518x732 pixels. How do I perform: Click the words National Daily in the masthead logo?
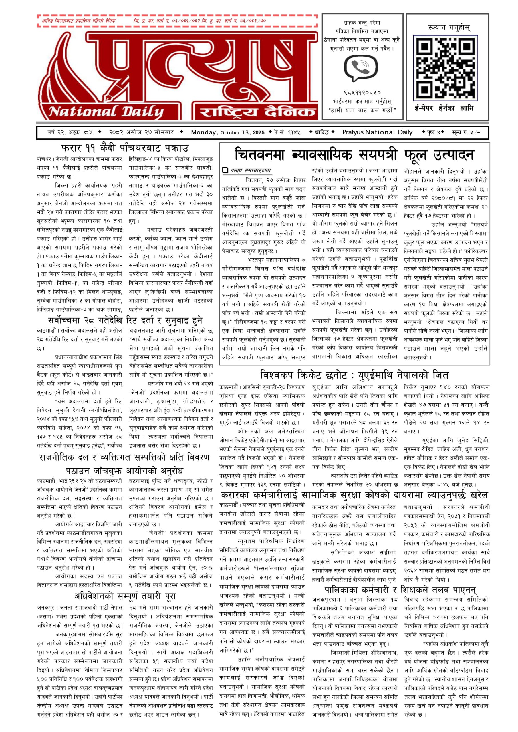pos(106,112)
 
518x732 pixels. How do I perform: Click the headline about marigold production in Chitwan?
pos(354,155)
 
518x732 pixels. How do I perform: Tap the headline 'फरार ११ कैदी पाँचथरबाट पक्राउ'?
pos(125,148)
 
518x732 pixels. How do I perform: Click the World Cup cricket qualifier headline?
pos(354,375)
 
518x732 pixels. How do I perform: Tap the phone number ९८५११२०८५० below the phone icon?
pos(362,93)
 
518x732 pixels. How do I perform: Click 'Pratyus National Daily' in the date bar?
pos(377,132)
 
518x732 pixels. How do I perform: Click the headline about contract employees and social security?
pos(354,495)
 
